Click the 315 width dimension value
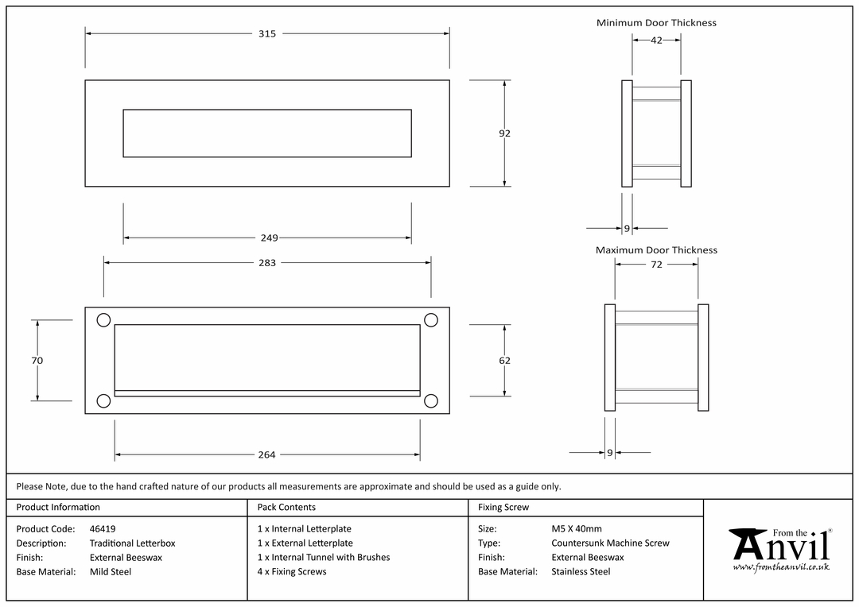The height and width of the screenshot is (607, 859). click(267, 34)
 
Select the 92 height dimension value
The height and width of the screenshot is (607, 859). click(504, 133)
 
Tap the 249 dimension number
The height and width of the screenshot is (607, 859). click(269, 238)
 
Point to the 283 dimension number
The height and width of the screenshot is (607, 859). click(267, 263)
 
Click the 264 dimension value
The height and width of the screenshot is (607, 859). click(266, 454)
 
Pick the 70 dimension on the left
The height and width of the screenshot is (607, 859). click(37, 361)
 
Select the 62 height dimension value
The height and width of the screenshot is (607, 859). click(504, 361)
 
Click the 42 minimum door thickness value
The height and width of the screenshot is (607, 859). click(656, 41)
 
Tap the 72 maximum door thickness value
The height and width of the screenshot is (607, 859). click(656, 265)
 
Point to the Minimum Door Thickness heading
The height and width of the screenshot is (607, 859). click(656, 23)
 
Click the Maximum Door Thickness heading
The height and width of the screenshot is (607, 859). click(656, 250)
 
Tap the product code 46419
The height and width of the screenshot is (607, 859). click(103, 529)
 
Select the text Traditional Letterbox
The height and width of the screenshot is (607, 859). click(133, 543)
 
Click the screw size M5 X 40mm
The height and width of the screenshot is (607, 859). click(577, 529)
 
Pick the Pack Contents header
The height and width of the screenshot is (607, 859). click(286, 508)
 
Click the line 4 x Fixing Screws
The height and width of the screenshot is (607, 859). click(292, 572)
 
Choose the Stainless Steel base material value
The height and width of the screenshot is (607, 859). click(581, 572)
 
